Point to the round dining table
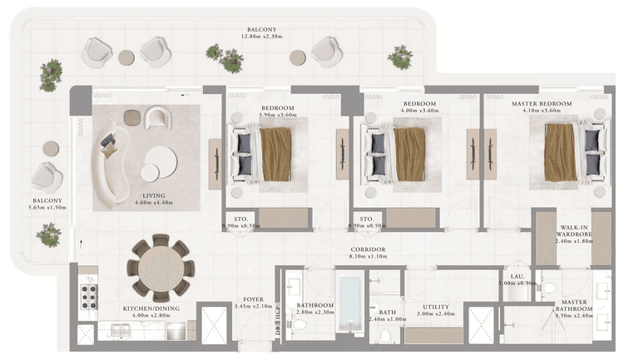(x=161, y=269)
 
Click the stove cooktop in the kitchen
(x=87, y=292)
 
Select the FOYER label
(x=254, y=303)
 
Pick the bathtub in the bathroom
(x=350, y=303)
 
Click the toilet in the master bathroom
(x=547, y=288)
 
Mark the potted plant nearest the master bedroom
(x=401, y=57)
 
